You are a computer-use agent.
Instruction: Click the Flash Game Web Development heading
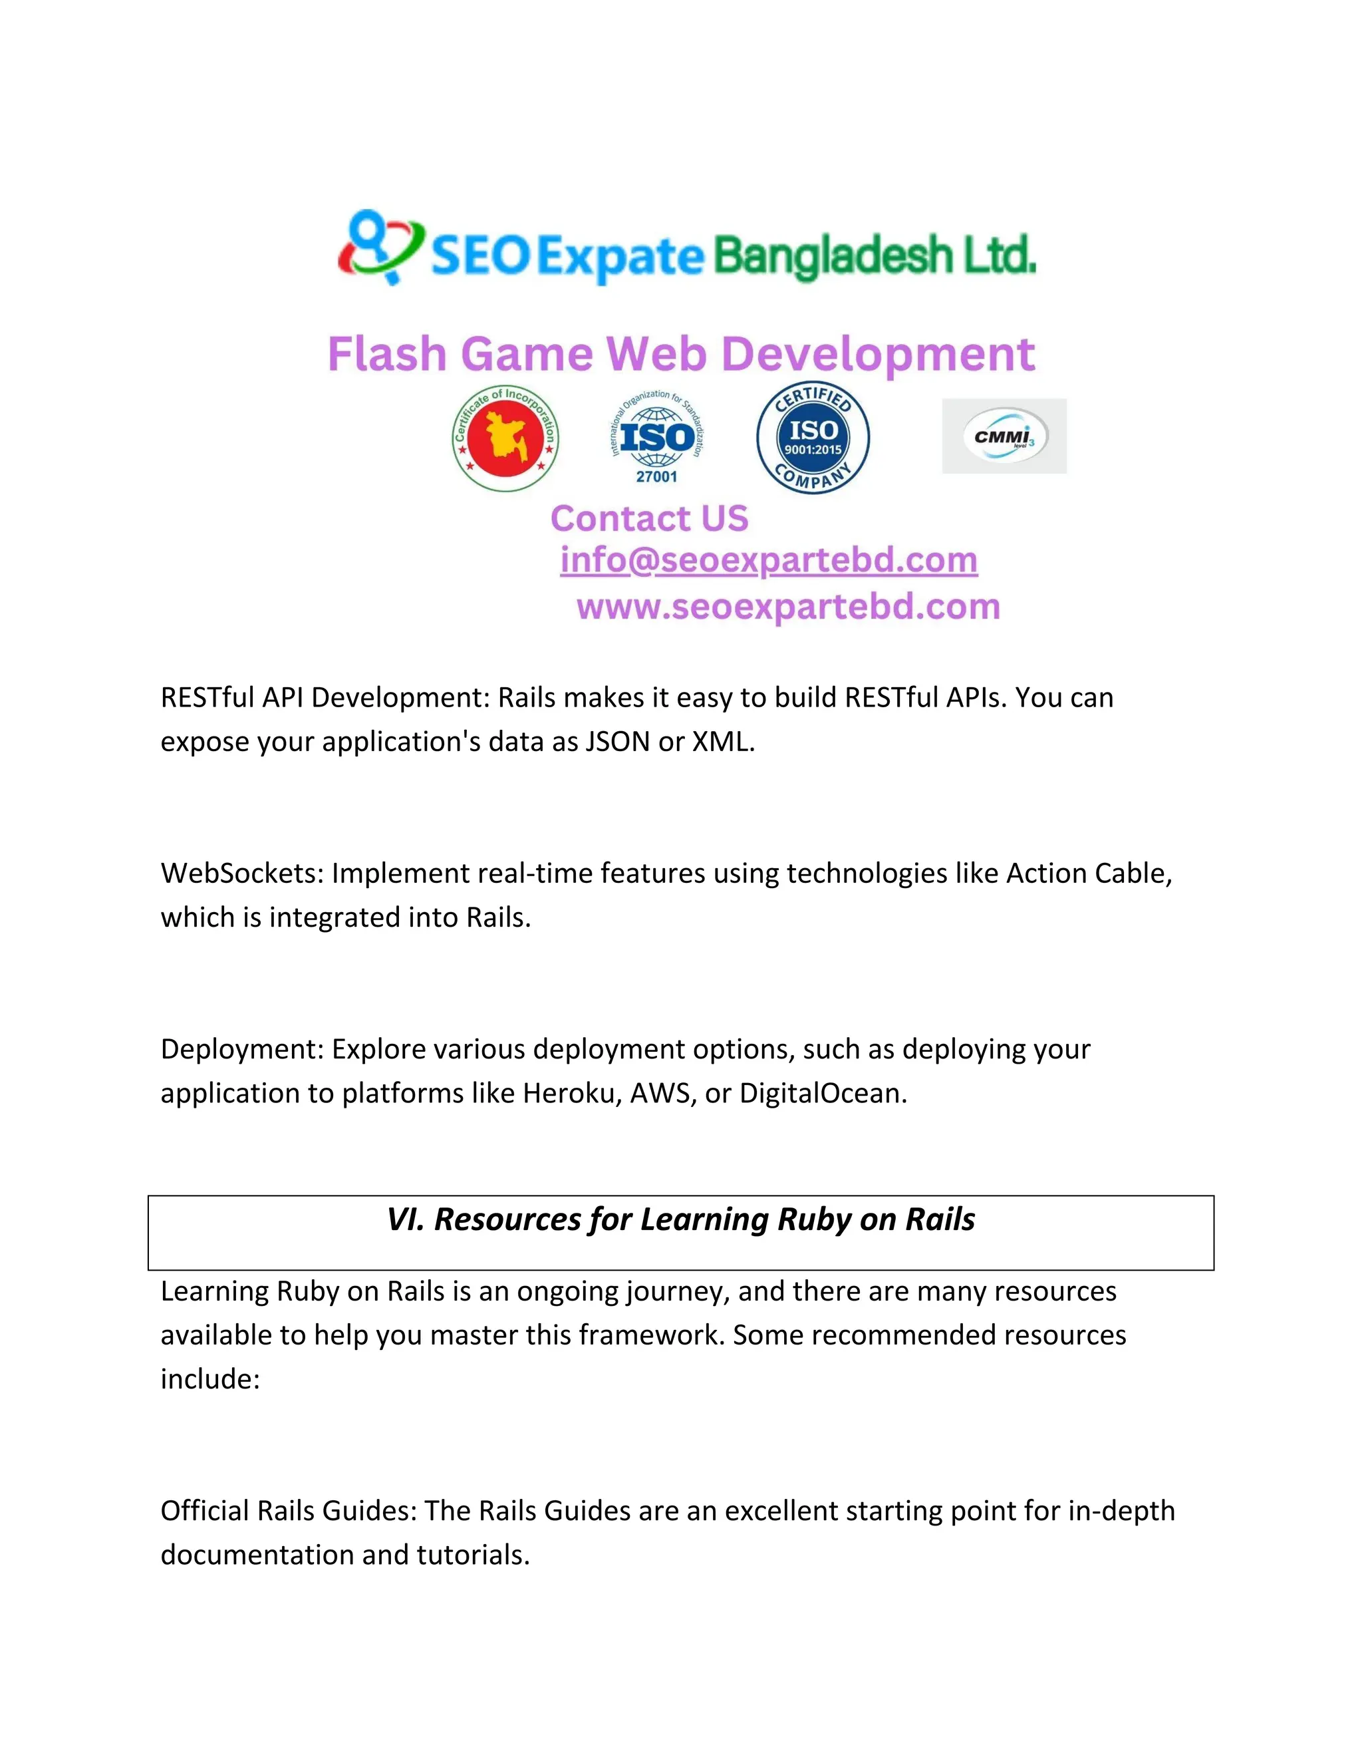point(680,355)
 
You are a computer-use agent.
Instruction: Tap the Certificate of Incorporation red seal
point(506,438)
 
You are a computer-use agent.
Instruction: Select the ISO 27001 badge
point(657,438)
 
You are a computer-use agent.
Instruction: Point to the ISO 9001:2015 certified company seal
point(813,438)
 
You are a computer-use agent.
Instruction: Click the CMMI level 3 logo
point(1004,436)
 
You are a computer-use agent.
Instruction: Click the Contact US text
point(650,518)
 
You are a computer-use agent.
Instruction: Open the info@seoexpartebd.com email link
point(769,560)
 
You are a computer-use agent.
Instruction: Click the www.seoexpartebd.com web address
point(788,607)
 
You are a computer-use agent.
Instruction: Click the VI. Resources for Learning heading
point(680,1219)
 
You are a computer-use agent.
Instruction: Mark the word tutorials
point(473,1555)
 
